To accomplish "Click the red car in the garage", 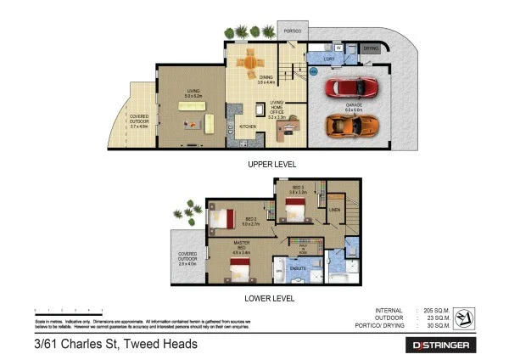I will [350, 87].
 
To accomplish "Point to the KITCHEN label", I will [247, 126].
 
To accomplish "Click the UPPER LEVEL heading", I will [271, 164].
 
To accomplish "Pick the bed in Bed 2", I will [222, 218].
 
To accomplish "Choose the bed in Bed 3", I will [298, 208].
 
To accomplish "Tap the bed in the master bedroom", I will [241, 269].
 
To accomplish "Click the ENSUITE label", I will [298, 267].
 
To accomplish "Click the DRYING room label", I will [371, 48].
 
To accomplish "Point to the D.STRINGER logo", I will [444, 346].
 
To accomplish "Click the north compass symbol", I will [464, 320].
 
